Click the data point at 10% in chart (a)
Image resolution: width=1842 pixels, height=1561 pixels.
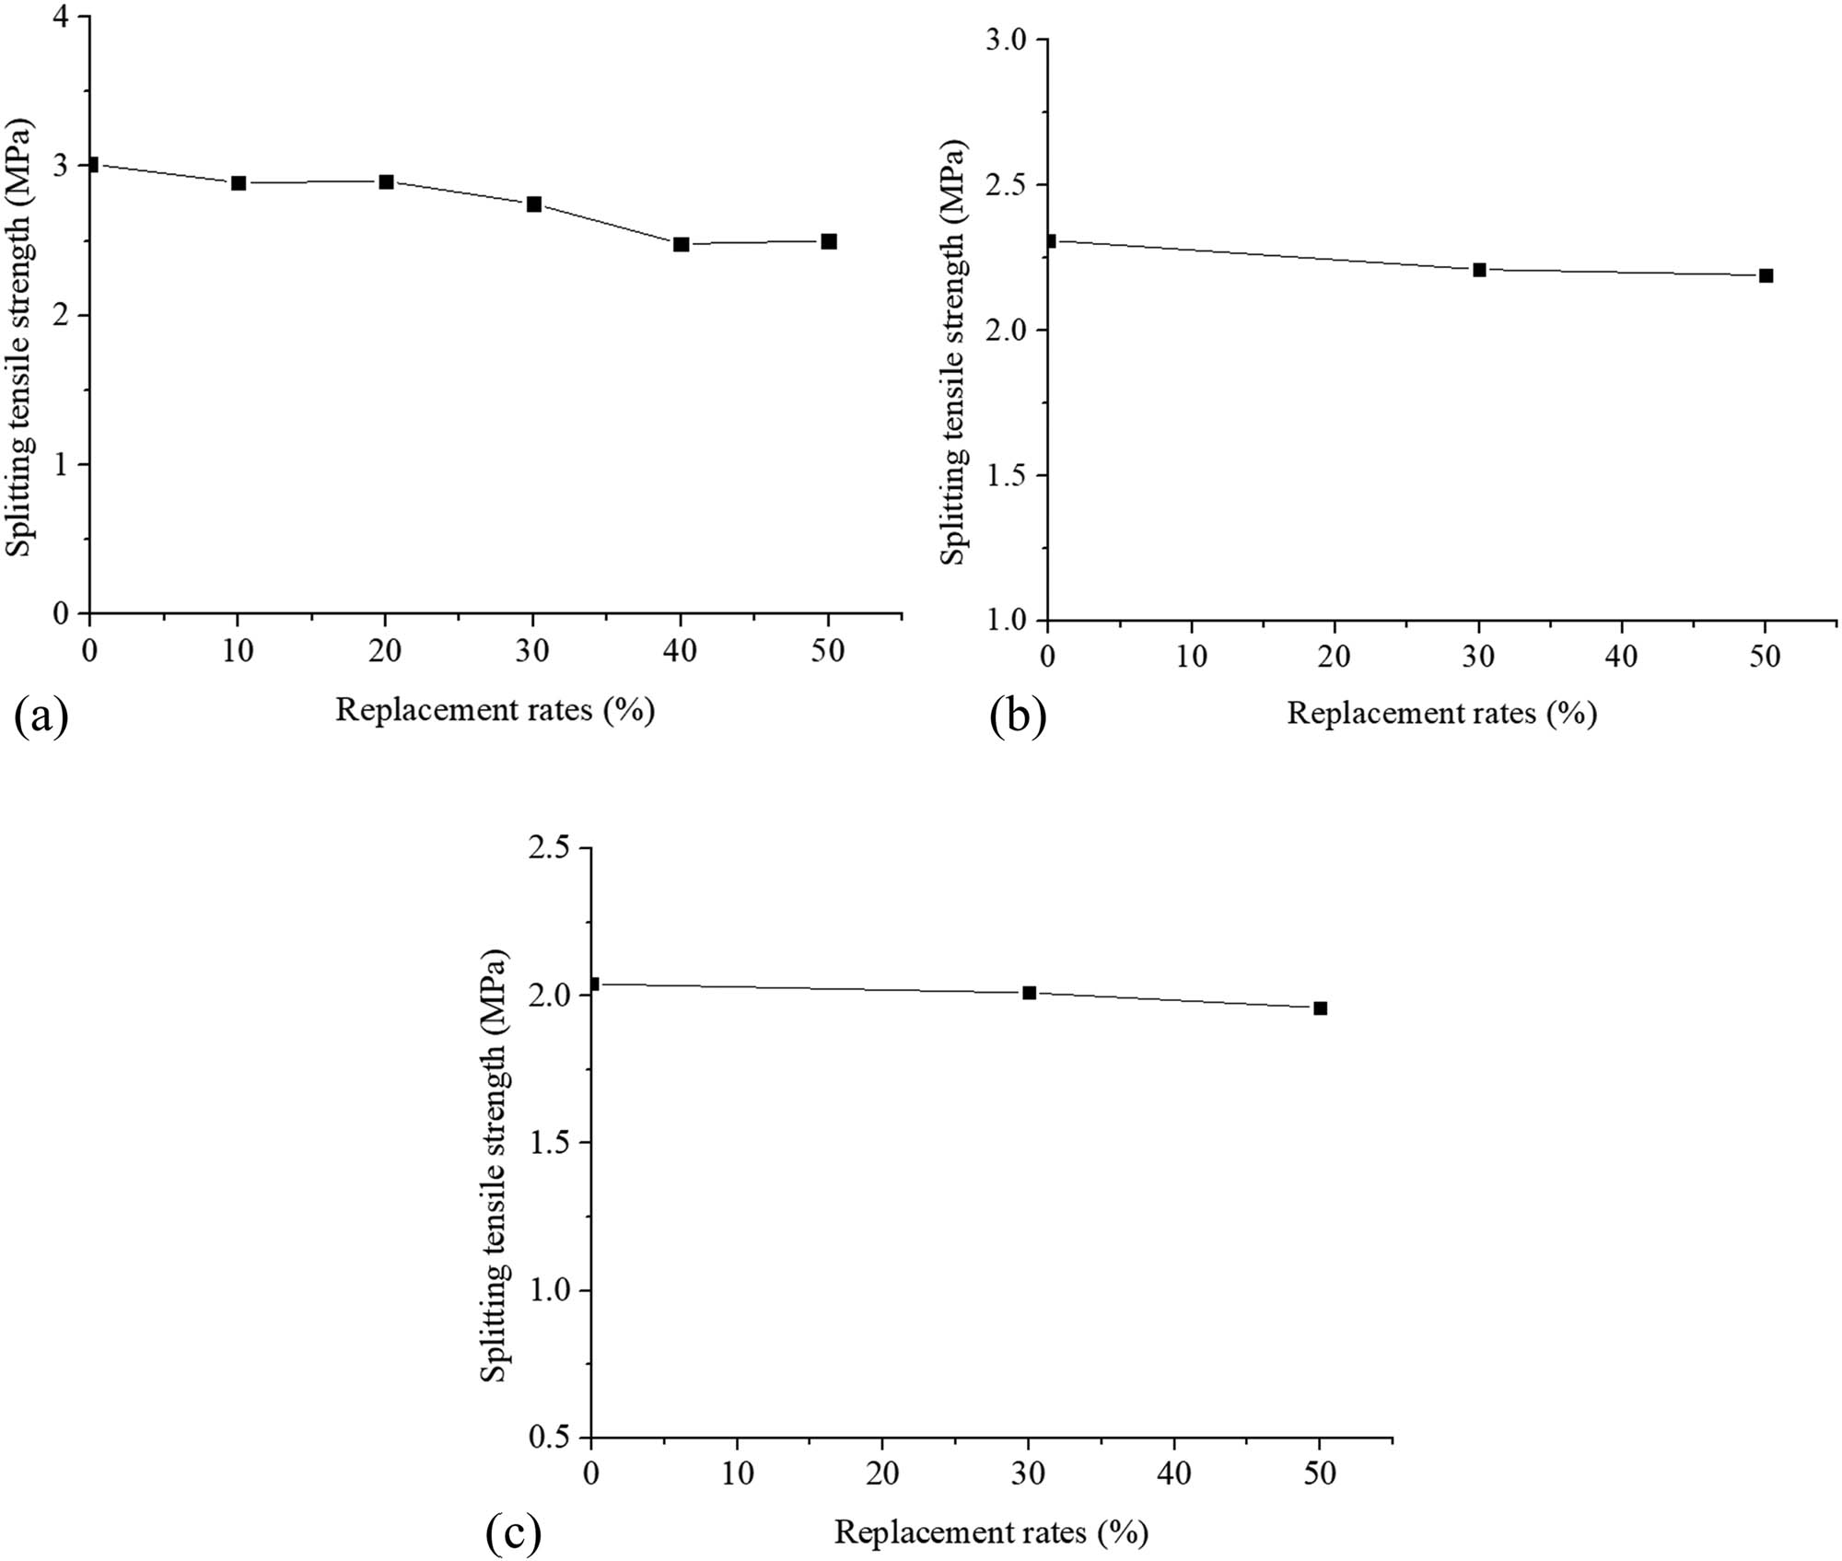pos(239,182)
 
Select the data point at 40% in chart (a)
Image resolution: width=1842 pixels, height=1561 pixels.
pos(681,244)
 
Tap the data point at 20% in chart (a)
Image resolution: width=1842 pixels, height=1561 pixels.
pos(386,181)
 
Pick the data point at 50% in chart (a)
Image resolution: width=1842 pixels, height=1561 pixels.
pos(828,241)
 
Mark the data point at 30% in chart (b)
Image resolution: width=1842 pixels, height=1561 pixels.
pos(1479,270)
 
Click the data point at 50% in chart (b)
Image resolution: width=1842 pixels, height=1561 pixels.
pos(1766,275)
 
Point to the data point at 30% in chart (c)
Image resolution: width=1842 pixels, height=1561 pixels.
pos(1029,993)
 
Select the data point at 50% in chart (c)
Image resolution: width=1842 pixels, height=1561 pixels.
pos(1320,1008)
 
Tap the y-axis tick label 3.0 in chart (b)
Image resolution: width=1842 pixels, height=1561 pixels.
pos(1006,40)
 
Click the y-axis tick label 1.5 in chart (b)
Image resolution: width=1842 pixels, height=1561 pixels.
pos(1006,475)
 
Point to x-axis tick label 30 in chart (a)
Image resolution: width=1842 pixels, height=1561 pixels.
pos(532,651)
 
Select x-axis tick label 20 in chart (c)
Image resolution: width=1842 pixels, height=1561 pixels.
pos(882,1474)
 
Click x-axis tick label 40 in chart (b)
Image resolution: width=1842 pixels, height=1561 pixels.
pos(1622,657)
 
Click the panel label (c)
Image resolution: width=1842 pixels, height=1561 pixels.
pos(513,1532)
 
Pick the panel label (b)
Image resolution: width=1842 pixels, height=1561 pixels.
pos(1018,716)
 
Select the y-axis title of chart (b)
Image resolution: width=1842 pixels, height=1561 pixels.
pos(952,353)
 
